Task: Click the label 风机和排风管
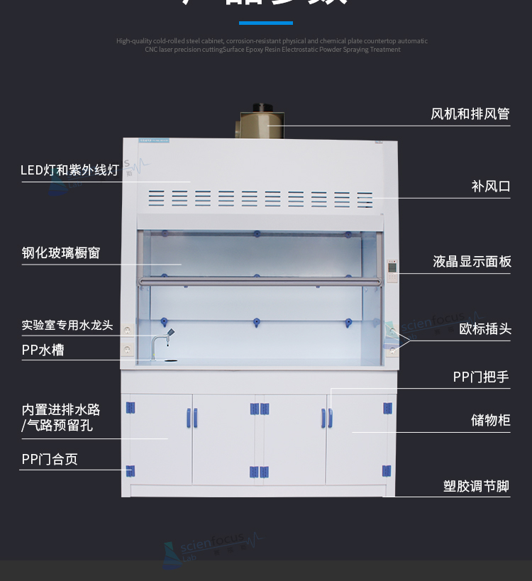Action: coord(470,114)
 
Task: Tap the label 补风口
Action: coord(491,187)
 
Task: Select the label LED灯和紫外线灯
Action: coord(70,170)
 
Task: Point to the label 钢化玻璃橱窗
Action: coord(61,253)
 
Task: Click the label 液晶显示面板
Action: coord(472,262)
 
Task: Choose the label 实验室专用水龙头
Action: coord(67,326)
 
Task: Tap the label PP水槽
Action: coord(43,350)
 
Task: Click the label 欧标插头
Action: coord(485,329)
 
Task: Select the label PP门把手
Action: coord(481,377)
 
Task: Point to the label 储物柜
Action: coord(491,421)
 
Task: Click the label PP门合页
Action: coord(50,460)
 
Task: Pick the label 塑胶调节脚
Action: coord(477,487)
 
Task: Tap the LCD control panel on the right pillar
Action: coord(392,274)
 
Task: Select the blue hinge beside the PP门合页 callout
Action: coord(130,470)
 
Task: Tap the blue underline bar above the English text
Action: coord(265,23)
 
